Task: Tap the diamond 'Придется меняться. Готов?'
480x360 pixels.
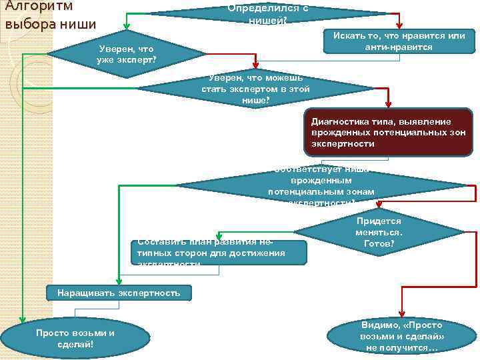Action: pos(379,233)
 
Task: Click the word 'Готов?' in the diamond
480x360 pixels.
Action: pos(379,244)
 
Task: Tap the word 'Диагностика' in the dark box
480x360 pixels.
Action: pos(337,121)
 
